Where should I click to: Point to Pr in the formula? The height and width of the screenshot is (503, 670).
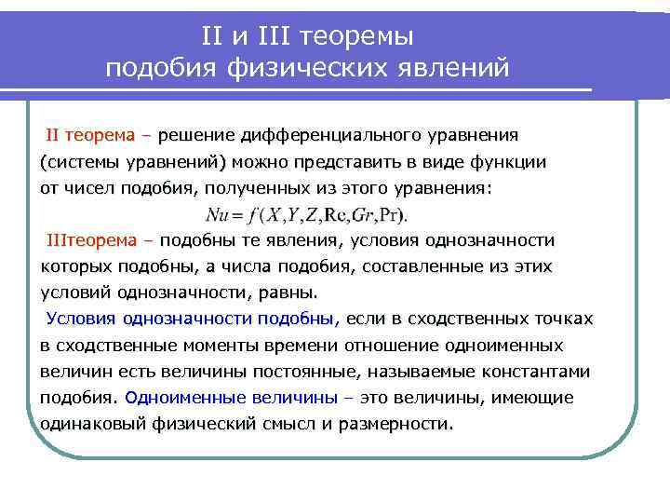pos(395,214)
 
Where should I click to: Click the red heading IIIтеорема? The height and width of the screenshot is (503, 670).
pos(93,240)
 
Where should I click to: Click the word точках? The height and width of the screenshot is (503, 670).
pos(565,319)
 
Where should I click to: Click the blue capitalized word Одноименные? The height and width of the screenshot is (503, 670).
pos(179,398)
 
